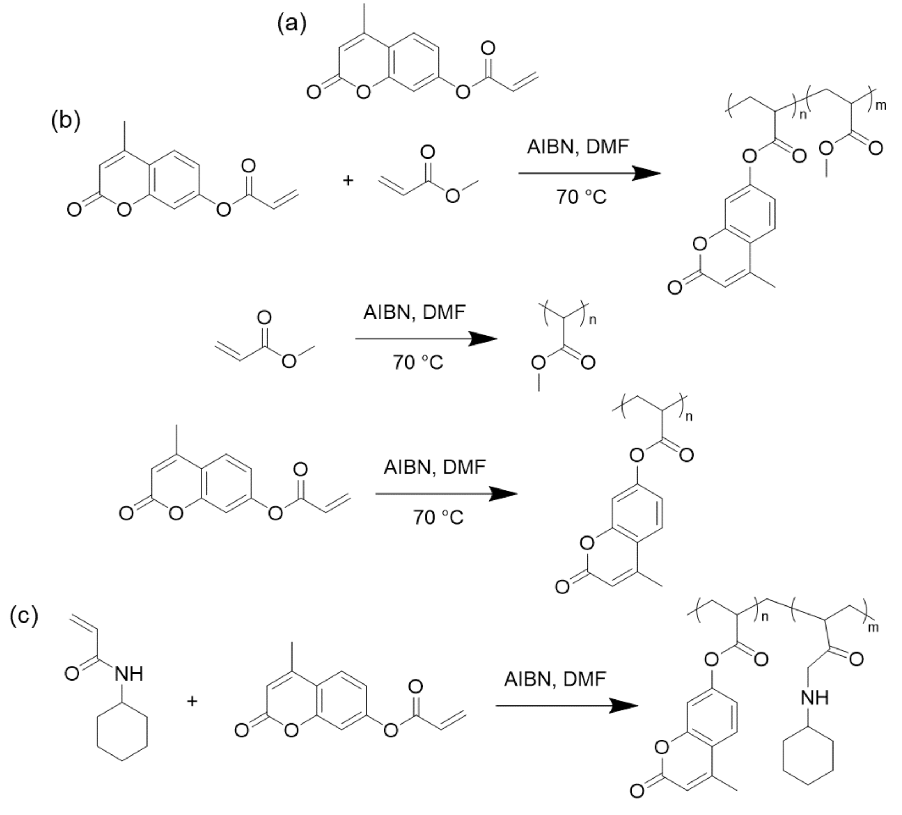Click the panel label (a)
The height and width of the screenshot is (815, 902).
click(x=292, y=24)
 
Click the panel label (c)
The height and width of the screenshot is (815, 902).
click(x=24, y=616)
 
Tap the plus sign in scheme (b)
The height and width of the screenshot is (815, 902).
click(x=348, y=180)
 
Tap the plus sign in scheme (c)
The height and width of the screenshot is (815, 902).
click(x=192, y=701)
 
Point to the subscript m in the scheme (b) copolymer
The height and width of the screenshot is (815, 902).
click(x=881, y=106)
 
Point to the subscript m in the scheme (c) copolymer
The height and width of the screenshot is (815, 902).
click(x=873, y=628)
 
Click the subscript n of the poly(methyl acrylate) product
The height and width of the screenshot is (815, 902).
click(x=593, y=320)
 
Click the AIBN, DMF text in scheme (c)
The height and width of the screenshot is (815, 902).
click(x=555, y=679)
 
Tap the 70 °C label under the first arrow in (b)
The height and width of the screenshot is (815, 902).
click(x=581, y=197)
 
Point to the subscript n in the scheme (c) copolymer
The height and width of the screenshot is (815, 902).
click(x=765, y=617)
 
